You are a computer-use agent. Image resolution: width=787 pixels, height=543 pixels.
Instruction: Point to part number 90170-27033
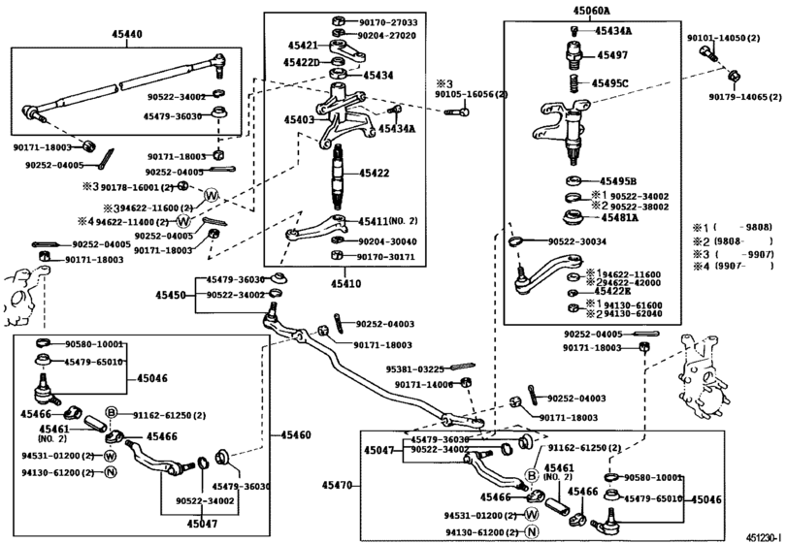coord(387,21)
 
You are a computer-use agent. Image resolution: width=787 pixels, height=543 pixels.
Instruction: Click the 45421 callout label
coord(303,46)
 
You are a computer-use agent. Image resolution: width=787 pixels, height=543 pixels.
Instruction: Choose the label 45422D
coord(303,63)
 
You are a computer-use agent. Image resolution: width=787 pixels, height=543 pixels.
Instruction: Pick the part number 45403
coord(299,119)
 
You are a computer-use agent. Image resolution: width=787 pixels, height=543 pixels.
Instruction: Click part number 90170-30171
coord(386,257)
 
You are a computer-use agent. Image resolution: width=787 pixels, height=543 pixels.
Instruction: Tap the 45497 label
coord(612,56)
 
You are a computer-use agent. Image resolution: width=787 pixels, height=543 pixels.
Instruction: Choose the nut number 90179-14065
coord(745,97)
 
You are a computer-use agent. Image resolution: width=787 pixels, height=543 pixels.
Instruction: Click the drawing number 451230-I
coord(762,534)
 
